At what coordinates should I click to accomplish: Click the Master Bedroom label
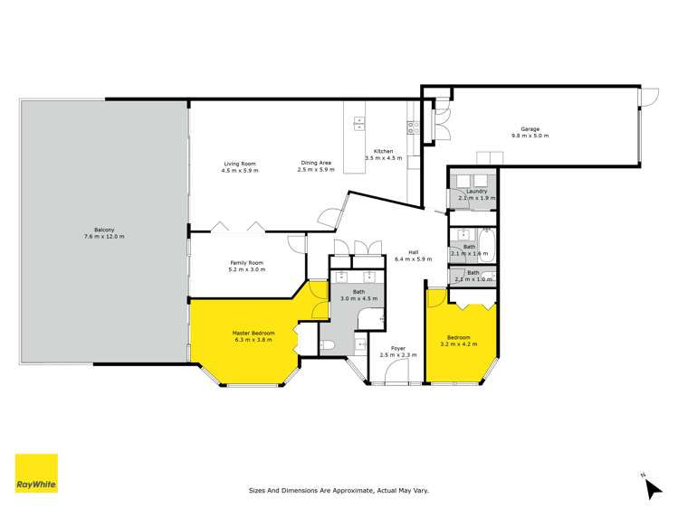[x=254, y=335]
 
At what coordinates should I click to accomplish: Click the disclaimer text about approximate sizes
[x=339, y=491]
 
